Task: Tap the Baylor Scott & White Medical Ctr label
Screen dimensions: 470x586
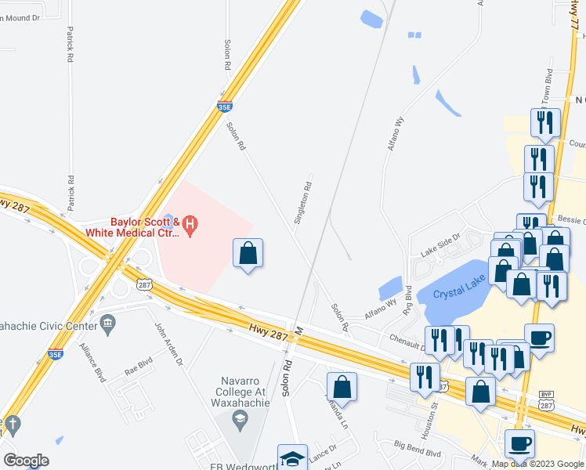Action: pyautogui.click(x=144, y=226)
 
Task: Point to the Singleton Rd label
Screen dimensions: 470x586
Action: pyautogui.click(x=302, y=204)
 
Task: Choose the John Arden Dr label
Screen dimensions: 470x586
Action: pyautogui.click(x=168, y=345)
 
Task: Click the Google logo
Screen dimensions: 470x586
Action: pyautogui.click(x=26, y=461)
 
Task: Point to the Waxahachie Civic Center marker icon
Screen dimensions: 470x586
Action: pyautogui.click(x=108, y=322)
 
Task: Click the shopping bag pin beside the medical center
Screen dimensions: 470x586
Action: pyautogui.click(x=248, y=252)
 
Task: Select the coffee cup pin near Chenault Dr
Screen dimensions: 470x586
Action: pyautogui.click(x=538, y=338)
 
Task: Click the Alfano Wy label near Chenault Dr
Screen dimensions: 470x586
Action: pyautogui.click(x=381, y=314)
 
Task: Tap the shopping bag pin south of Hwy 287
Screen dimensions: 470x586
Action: pyautogui.click(x=342, y=386)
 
